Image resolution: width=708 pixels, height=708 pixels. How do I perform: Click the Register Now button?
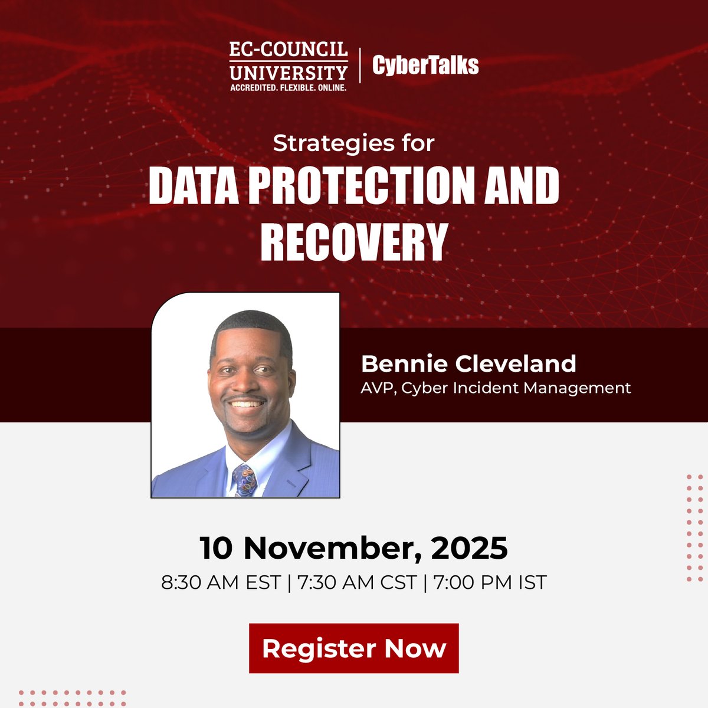(x=354, y=648)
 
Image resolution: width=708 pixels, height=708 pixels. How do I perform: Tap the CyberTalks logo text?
(x=425, y=65)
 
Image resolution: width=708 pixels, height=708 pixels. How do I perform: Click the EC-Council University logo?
(x=289, y=65)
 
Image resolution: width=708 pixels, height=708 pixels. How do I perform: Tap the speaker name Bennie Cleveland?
(x=468, y=363)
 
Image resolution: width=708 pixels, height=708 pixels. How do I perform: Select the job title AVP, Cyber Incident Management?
(x=496, y=388)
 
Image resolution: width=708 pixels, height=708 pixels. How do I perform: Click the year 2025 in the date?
(x=469, y=548)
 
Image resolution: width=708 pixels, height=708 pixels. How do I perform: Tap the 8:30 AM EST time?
(x=221, y=582)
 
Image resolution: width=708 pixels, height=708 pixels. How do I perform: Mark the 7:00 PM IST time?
(x=490, y=582)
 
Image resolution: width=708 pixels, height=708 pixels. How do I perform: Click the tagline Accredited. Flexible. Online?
(x=289, y=87)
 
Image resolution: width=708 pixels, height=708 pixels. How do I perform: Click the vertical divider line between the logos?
(x=360, y=65)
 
